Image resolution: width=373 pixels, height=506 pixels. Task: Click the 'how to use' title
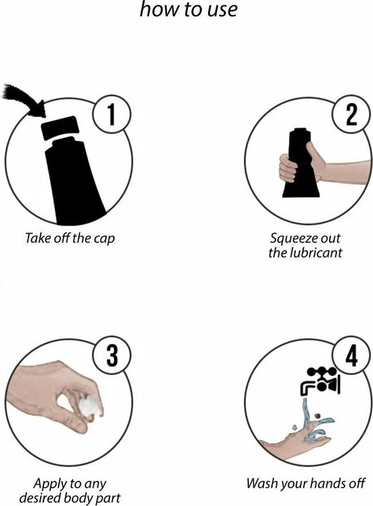[189, 9]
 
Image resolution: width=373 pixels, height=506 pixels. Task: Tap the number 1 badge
[111, 115]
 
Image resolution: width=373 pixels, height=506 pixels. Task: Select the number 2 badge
[351, 115]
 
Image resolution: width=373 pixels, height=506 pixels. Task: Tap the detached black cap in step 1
[60, 128]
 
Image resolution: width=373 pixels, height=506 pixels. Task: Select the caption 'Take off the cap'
[70, 238]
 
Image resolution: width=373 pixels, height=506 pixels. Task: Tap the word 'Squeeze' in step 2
[290, 239]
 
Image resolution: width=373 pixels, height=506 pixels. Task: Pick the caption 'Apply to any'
[70, 484]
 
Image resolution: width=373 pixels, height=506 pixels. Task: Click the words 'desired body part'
[70, 498]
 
